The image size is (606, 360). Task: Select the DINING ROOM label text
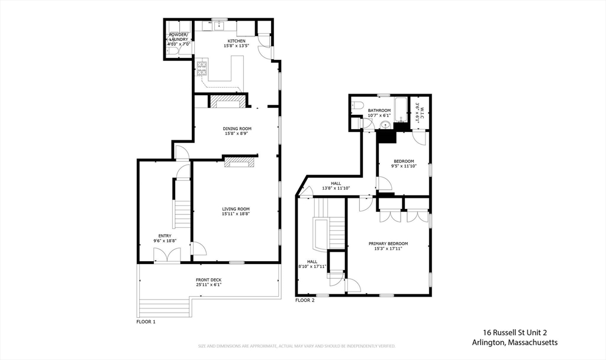click(237, 128)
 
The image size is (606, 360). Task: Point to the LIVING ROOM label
click(236, 208)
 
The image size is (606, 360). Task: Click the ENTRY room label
click(165, 236)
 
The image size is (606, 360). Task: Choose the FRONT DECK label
click(208, 280)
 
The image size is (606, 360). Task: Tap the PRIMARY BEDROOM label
click(388, 243)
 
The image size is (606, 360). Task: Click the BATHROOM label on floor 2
click(379, 110)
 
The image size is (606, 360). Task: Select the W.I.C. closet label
click(421, 112)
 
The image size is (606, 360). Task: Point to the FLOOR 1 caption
click(146, 322)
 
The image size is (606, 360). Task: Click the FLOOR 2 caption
click(305, 300)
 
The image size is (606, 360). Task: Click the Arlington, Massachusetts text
click(514, 342)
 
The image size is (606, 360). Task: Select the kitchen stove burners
click(202, 68)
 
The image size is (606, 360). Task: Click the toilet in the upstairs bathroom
click(356, 107)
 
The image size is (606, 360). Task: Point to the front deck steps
click(164, 308)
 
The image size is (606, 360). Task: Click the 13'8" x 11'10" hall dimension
click(336, 188)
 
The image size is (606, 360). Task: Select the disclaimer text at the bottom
click(296, 346)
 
